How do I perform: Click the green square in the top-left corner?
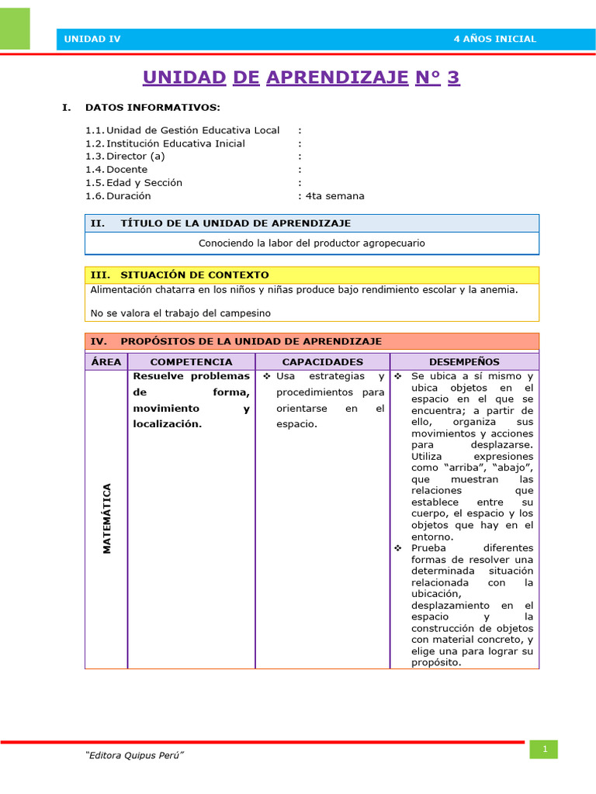pyautogui.click(x=15, y=29)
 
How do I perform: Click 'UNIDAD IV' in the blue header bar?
pyautogui.click(x=92, y=40)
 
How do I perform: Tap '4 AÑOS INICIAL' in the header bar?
pyautogui.click(x=494, y=40)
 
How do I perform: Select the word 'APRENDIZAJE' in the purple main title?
pyautogui.click(x=337, y=78)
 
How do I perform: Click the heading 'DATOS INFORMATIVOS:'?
pyautogui.click(x=152, y=107)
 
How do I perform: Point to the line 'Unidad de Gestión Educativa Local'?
pyautogui.click(x=192, y=130)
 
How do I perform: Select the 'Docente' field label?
pyautogui.click(x=126, y=169)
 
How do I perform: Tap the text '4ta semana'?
pyautogui.click(x=335, y=196)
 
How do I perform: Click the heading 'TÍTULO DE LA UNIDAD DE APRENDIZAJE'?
pyautogui.click(x=235, y=223)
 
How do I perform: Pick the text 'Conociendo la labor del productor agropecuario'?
pyautogui.click(x=312, y=243)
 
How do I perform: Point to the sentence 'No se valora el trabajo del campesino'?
pyautogui.click(x=180, y=313)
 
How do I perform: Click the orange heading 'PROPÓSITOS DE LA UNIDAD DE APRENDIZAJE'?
pyautogui.click(x=251, y=341)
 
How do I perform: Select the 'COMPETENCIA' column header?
pyautogui.click(x=191, y=362)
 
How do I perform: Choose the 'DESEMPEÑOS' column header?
pyautogui.click(x=464, y=362)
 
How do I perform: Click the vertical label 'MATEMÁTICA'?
pyautogui.click(x=107, y=519)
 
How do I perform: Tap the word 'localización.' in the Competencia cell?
pyautogui.click(x=168, y=424)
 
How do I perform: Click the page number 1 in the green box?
pyautogui.click(x=544, y=749)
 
